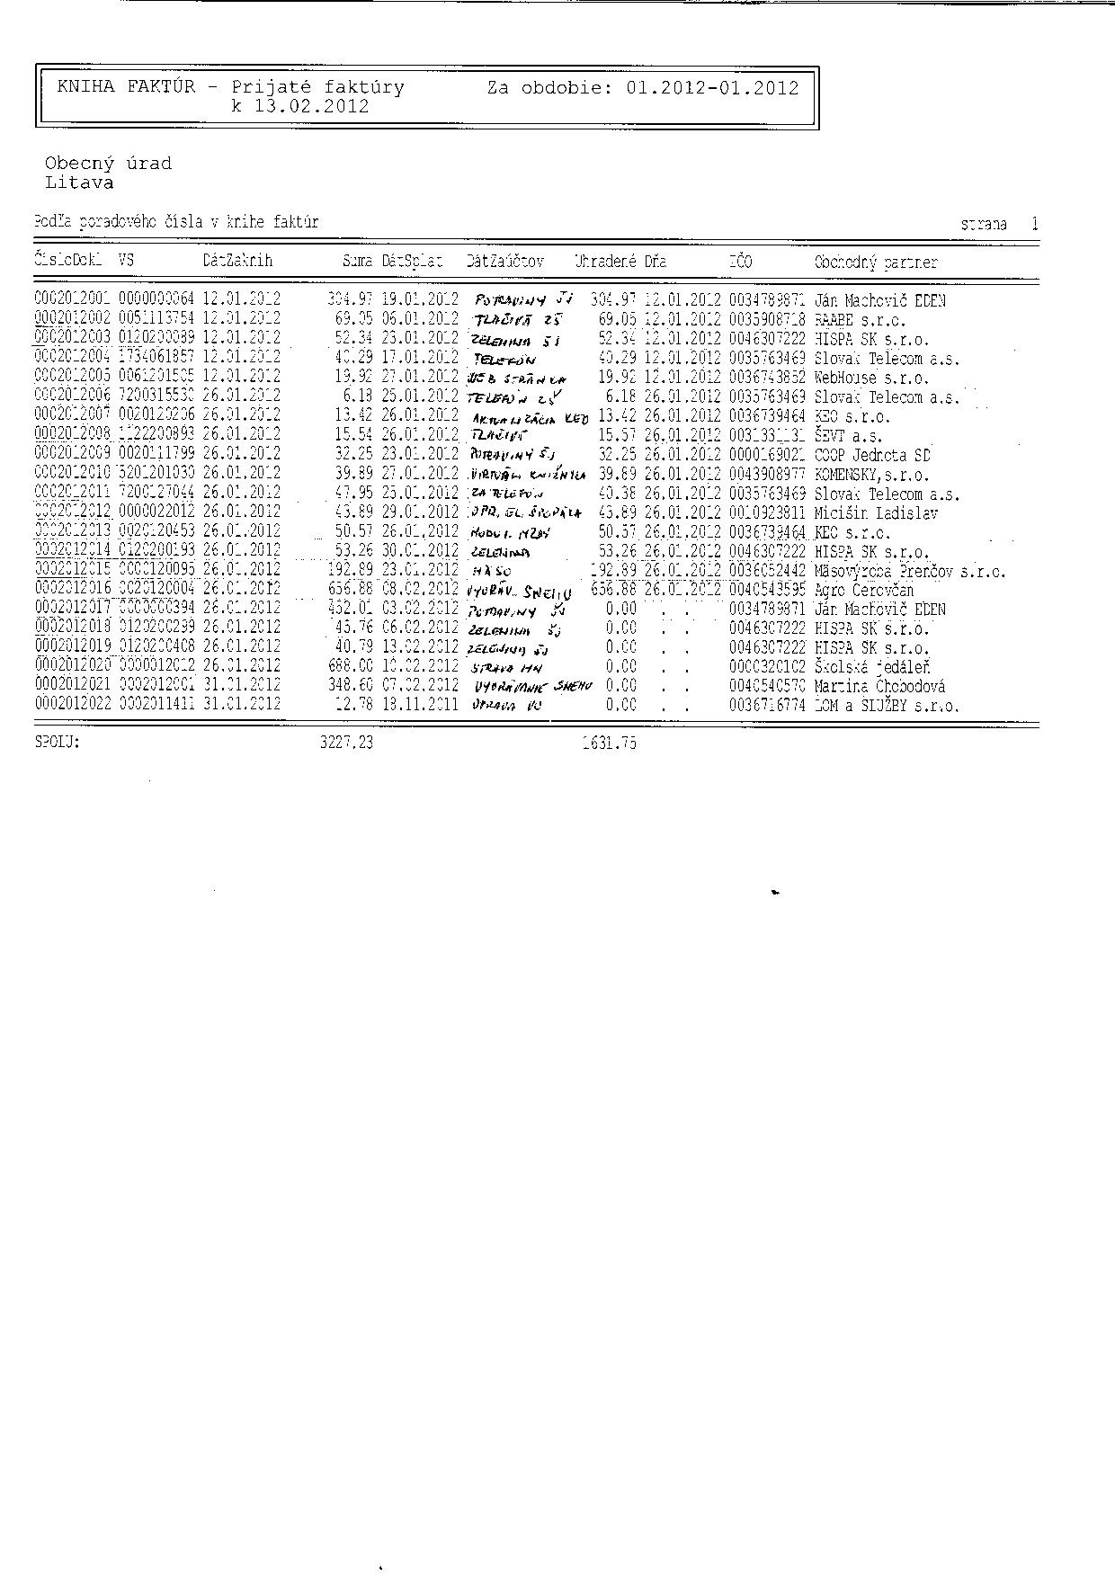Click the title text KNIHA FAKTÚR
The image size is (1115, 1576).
click(126, 87)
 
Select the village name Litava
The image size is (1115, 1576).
click(79, 183)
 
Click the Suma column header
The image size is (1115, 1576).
click(357, 262)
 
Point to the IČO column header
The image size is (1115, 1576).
click(740, 262)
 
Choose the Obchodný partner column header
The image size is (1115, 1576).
click(875, 263)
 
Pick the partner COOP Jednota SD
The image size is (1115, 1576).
click(872, 456)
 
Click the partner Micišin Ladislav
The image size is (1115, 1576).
click(876, 513)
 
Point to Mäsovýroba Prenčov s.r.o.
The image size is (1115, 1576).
click(910, 572)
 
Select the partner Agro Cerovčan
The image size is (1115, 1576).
click(863, 591)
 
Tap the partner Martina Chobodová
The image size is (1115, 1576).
click(879, 687)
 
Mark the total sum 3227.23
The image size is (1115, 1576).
click(346, 743)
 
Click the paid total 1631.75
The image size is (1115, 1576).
click(609, 743)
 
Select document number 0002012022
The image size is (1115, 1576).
click(73, 705)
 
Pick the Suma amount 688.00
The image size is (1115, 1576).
click(350, 667)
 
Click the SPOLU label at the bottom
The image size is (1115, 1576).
click(57, 743)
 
